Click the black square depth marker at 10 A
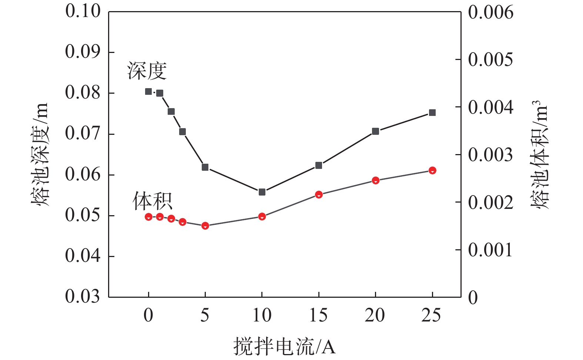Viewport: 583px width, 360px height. click(262, 192)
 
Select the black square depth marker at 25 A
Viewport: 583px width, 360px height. click(432, 113)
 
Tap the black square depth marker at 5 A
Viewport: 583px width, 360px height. click(205, 167)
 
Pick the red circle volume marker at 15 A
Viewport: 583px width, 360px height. click(319, 194)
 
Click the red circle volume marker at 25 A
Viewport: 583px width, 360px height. click(432, 170)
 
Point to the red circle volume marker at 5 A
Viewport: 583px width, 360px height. click(205, 226)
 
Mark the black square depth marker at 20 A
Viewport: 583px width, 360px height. click(375, 131)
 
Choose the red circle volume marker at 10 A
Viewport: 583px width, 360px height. click(262, 216)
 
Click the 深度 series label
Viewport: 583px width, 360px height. click(147, 71)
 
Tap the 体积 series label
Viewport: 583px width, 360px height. click(153, 201)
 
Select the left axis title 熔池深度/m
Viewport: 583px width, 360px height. click(40, 154)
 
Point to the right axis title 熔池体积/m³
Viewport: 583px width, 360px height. click(539, 154)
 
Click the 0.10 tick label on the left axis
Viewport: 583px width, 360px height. click(83, 11)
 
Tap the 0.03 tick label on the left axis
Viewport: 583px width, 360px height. click(83, 296)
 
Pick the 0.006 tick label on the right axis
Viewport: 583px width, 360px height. click(490, 13)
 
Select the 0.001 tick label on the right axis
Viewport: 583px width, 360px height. click(490, 250)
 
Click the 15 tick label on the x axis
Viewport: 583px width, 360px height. click(318, 315)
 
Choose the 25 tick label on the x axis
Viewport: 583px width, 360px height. click(431, 315)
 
